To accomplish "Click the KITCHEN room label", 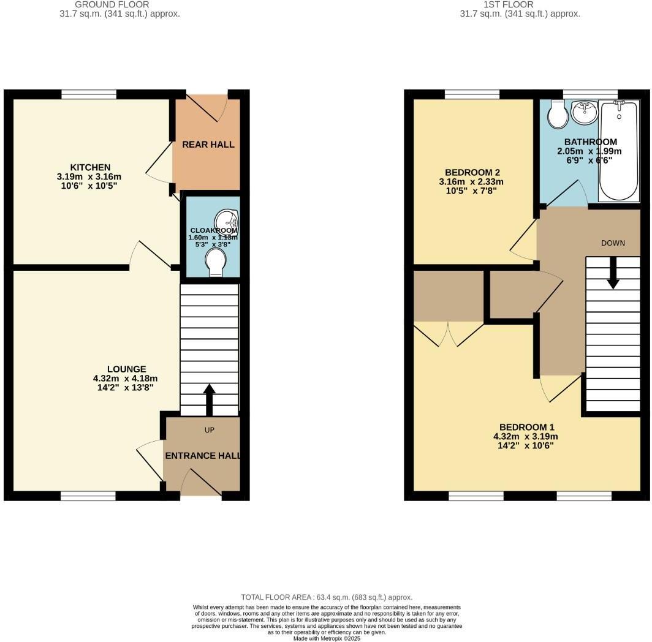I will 90,167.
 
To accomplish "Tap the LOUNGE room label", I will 127,369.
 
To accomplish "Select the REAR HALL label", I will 208,145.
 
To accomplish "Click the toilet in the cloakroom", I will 216,262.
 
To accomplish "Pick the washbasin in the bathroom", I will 585,112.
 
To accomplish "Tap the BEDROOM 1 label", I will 527,427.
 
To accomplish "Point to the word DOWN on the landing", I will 613,243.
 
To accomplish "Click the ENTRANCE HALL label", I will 203,456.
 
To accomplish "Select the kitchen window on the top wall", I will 89,94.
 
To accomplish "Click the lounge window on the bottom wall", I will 88,496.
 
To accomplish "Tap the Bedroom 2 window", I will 472,94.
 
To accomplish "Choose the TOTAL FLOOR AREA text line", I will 326,597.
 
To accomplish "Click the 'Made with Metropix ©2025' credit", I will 327,638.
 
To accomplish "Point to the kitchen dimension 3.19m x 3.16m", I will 90,176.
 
